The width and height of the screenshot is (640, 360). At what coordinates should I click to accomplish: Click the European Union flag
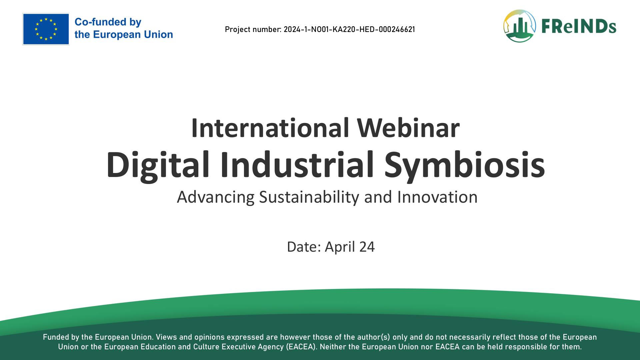tap(46, 29)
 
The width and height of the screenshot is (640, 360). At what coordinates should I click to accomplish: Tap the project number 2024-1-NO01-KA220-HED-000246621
tap(349, 29)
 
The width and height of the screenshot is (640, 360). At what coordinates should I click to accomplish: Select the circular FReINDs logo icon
tap(519, 26)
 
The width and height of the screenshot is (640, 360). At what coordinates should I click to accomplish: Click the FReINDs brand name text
tap(579, 26)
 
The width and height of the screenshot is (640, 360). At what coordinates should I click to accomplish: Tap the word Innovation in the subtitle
tap(437, 197)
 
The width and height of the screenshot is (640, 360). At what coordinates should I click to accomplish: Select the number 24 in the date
tap(367, 247)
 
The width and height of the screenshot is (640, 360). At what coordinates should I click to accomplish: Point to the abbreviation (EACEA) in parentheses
tap(301, 347)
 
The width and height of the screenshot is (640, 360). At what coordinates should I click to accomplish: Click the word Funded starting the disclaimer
tap(56, 337)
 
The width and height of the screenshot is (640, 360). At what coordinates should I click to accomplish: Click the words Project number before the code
tap(253, 30)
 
